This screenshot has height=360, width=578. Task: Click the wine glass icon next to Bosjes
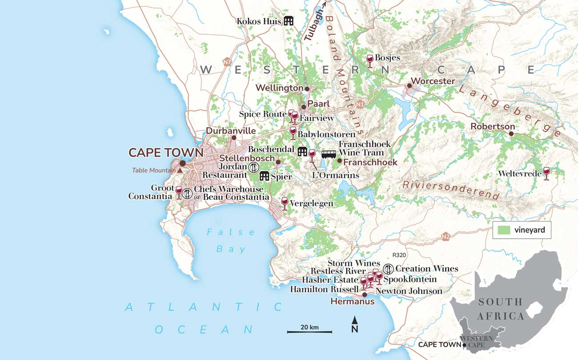[369, 61]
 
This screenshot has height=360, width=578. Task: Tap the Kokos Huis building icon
[289, 20]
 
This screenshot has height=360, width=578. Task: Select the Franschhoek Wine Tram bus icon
[329, 154]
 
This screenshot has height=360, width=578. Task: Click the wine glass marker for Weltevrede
[546, 173]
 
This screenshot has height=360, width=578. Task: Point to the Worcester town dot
[409, 85]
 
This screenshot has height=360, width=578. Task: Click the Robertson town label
[493, 127]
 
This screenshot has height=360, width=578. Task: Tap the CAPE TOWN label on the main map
[166, 153]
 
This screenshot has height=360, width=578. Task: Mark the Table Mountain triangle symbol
[180, 170]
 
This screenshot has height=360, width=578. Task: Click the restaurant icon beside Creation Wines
[388, 268]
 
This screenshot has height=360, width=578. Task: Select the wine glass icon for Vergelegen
[285, 203]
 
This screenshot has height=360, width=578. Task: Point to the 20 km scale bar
[309, 332]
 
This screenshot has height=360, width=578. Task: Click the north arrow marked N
[355, 325]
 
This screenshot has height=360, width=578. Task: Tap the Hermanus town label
[353, 302]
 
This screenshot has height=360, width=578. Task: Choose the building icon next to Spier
[265, 176]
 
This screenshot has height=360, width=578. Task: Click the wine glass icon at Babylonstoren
[293, 132]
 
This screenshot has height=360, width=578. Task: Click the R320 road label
[399, 255]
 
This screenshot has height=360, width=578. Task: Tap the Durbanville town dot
[234, 138]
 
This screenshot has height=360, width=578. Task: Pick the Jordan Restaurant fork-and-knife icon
[253, 167]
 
